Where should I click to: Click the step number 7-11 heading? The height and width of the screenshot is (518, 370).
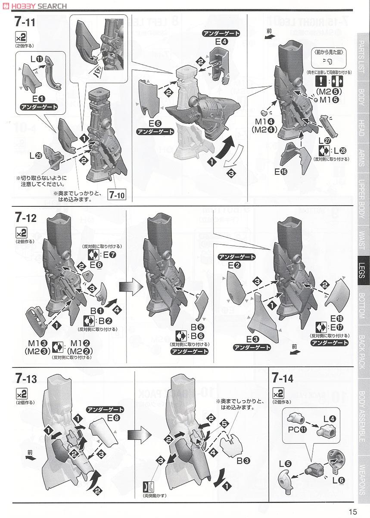(25, 22)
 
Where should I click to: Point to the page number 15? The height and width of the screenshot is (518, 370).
(352, 511)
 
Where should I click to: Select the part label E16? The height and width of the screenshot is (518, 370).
(281, 171)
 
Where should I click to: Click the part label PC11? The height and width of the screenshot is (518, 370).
(298, 430)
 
